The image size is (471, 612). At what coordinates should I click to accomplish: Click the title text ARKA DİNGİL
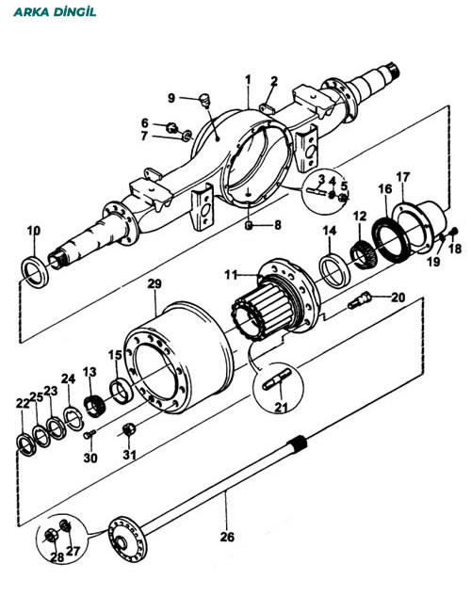click(x=55, y=11)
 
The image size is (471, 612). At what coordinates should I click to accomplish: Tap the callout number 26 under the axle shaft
click(x=227, y=537)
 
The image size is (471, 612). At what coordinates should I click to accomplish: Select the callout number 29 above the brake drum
click(x=154, y=283)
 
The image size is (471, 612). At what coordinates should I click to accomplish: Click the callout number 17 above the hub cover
click(x=402, y=177)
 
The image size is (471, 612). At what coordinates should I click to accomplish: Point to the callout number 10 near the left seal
click(x=34, y=231)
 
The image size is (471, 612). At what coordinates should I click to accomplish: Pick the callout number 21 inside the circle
click(x=281, y=407)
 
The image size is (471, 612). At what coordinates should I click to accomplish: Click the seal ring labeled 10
click(x=35, y=272)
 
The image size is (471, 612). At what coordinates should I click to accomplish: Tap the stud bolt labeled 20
click(x=360, y=300)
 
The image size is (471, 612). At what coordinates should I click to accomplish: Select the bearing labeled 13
click(x=94, y=406)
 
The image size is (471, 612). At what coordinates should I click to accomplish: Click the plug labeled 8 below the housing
click(x=249, y=226)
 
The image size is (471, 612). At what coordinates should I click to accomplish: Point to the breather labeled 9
click(x=204, y=99)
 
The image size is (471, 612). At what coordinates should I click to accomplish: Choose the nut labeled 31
click(x=129, y=429)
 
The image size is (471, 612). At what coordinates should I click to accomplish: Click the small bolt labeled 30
click(x=89, y=434)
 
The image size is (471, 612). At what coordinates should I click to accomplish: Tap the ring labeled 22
click(x=26, y=444)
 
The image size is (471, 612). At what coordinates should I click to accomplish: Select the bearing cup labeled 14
click(x=334, y=270)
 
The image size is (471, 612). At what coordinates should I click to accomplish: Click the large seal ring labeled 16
click(x=391, y=240)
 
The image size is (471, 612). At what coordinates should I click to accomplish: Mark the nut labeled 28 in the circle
click(x=51, y=537)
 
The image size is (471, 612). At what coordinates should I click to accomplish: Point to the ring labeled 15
click(x=122, y=391)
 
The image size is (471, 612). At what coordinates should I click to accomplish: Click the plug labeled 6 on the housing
click(x=171, y=127)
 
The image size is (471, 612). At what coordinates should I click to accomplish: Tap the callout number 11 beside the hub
click(x=231, y=275)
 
